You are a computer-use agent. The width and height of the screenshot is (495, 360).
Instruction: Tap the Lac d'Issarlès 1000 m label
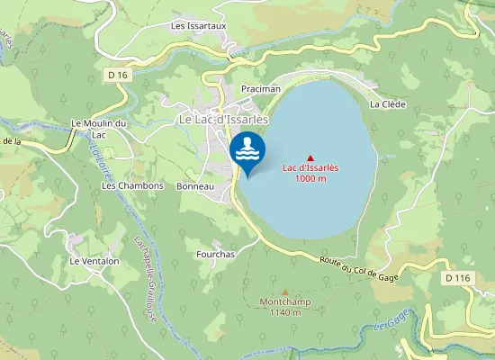310,173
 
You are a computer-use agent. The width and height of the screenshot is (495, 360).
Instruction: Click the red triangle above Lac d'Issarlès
310,158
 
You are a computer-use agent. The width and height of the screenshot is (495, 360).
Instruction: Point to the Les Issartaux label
198,26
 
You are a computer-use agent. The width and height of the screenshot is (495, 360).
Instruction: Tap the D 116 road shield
457,279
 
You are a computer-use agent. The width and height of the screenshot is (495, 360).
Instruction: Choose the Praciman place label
261,89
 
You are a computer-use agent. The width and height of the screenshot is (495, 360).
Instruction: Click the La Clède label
388,104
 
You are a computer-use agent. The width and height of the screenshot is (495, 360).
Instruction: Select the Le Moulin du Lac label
99,129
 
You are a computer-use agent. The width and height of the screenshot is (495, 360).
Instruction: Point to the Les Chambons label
132,186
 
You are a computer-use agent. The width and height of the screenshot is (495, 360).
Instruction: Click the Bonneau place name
195,186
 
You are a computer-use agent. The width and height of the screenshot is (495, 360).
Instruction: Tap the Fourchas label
215,255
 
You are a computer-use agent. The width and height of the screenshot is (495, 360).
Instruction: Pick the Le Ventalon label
94,261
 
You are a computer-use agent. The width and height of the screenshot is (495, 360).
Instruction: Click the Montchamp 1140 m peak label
285,307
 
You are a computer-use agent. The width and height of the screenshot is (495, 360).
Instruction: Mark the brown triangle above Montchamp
285,292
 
